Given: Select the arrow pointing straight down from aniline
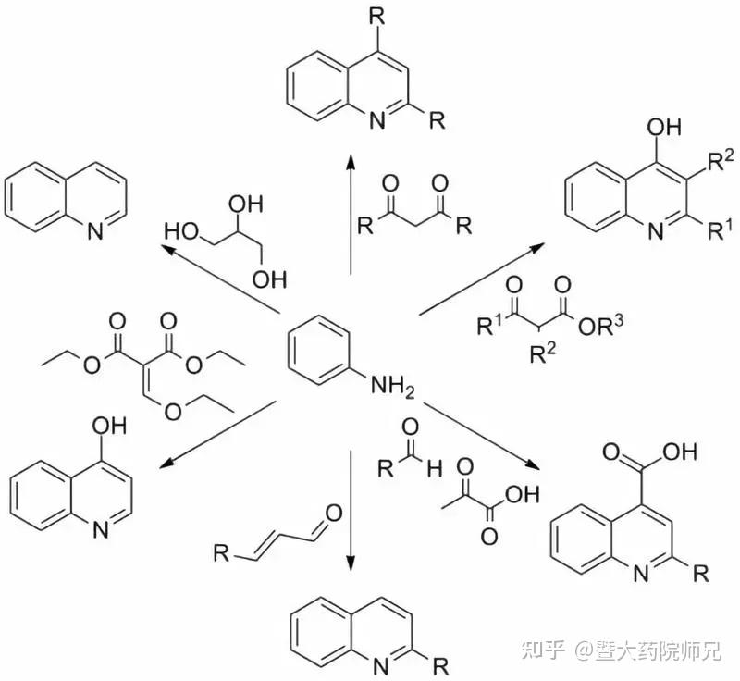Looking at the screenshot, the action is pos(351,510).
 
